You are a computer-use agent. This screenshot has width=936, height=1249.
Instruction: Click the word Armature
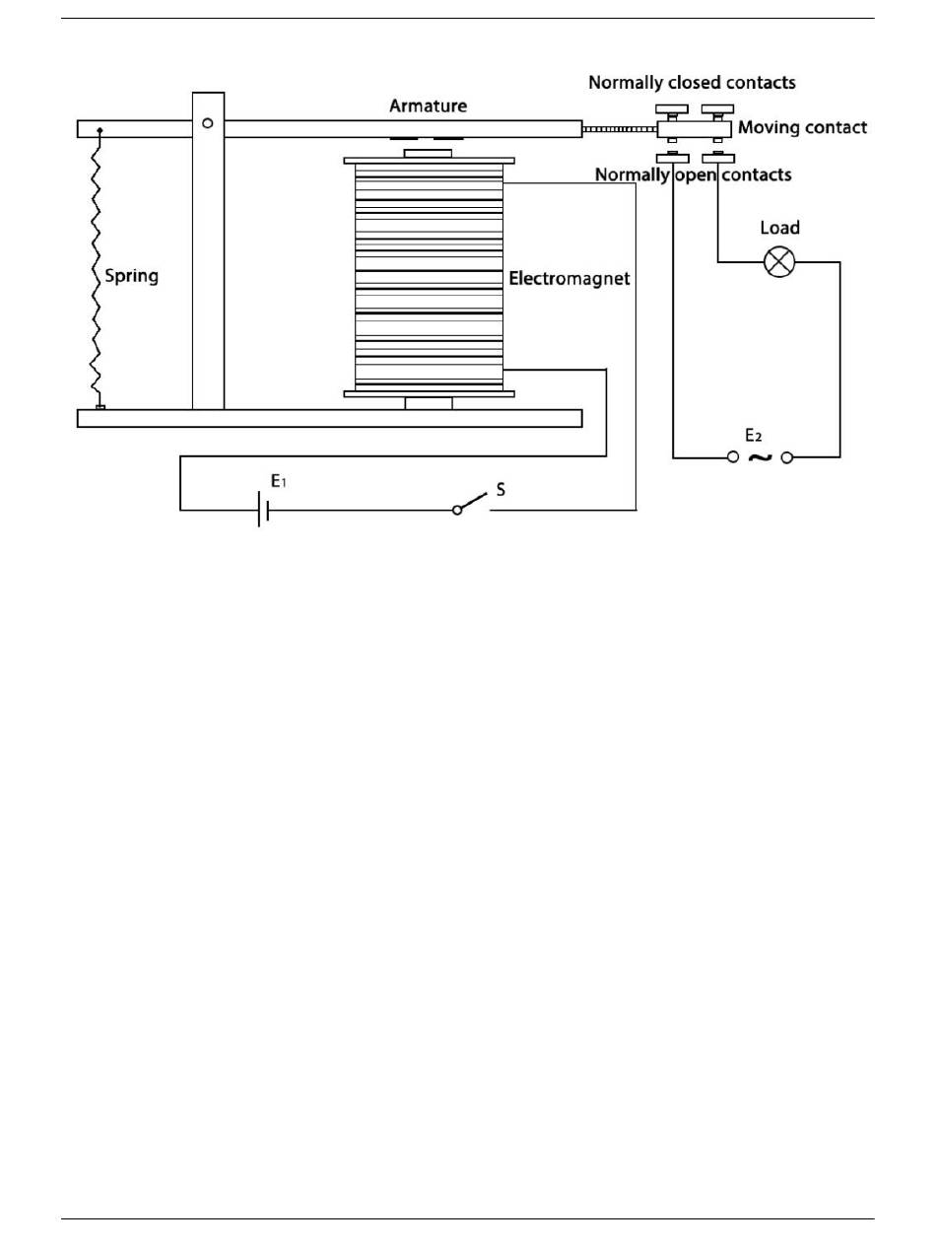[x=428, y=105]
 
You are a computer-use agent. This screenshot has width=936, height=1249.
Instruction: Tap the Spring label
[x=131, y=277]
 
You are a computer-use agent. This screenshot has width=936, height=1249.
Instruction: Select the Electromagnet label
[x=569, y=278]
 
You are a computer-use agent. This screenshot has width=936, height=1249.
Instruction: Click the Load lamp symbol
[x=779, y=262]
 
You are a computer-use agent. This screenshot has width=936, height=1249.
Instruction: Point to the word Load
[x=779, y=228]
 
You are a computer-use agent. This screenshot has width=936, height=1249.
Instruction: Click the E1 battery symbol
[x=263, y=510]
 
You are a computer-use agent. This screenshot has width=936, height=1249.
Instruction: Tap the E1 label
[x=278, y=481]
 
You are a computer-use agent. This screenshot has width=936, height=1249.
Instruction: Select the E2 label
[x=753, y=436]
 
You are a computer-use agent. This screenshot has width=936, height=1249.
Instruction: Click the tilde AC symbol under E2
[x=760, y=457]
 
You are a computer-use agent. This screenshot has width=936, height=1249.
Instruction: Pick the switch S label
[x=501, y=489]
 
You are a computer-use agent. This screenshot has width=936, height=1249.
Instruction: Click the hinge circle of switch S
[x=457, y=511]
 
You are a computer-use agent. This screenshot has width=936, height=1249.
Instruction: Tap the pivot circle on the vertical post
[x=208, y=123]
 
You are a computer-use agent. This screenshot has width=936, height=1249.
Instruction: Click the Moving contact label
[x=802, y=127]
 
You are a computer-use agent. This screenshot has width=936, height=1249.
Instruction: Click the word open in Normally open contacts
[x=696, y=175]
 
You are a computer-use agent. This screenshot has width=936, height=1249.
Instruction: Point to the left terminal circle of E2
[x=733, y=457]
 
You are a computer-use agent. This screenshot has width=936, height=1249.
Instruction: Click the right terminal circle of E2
[x=786, y=457]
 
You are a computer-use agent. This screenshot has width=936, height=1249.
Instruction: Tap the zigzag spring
[x=97, y=267]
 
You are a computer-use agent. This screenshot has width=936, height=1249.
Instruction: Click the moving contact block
[x=694, y=129]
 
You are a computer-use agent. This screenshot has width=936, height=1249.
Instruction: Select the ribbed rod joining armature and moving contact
[x=620, y=129]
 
